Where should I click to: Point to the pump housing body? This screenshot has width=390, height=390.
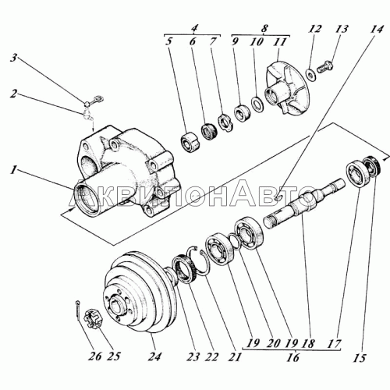(x=125, y=164)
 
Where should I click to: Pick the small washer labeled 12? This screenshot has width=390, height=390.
(x=311, y=73)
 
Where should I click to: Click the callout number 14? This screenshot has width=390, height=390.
(x=378, y=30)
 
